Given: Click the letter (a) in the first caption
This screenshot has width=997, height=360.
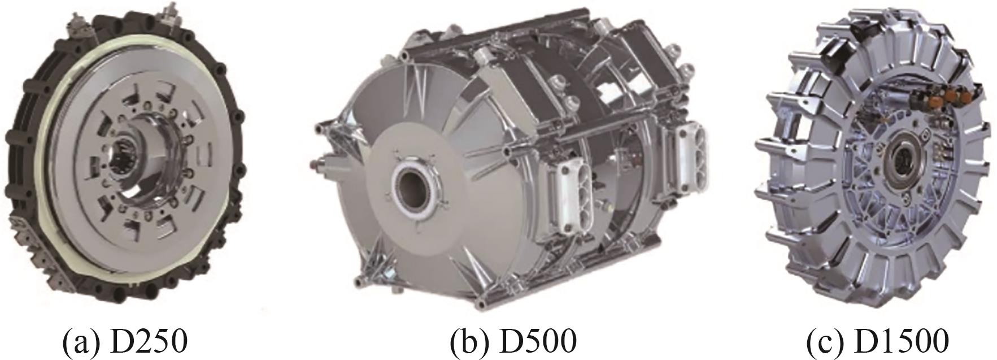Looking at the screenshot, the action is click(83, 342).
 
